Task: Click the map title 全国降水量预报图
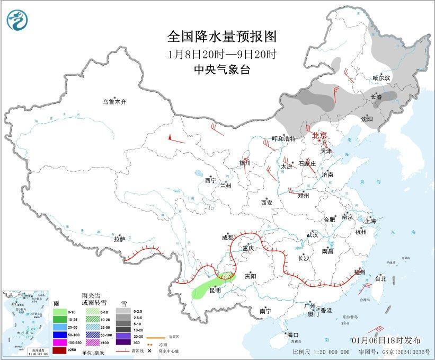pyautogui.click(x=222, y=37)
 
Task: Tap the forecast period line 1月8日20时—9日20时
pyautogui.click(x=222, y=54)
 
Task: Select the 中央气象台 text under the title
pyautogui.click(x=222, y=70)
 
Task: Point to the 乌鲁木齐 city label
pyautogui.click(x=115, y=102)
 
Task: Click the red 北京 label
pyautogui.click(x=320, y=136)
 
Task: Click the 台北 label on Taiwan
pyautogui.click(x=380, y=278)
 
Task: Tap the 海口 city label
pyautogui.click(x=293, y=335)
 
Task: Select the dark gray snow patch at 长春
pyautogui.click(x=387, y=96)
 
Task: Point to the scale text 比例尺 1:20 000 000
pyautogui.click(x=321, y=352)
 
